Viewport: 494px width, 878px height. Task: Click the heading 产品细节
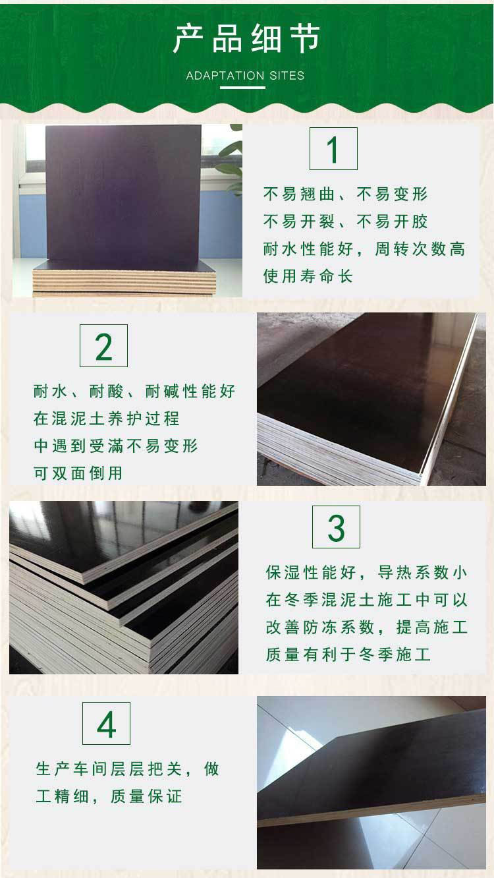point(246,38)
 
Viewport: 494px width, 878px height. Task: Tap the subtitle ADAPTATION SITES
point(245,75)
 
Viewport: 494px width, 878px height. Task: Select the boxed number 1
point(333,148)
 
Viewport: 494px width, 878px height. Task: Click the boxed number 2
point(103,345)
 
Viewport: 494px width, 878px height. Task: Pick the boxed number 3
point(336,527)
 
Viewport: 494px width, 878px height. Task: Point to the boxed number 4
point(106,723)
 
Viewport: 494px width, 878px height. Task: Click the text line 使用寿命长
point(308,276)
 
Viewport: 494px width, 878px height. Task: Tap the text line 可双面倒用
point(78,473)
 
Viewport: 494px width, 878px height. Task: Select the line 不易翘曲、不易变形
point(345,194)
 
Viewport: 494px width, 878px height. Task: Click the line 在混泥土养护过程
point(106,418)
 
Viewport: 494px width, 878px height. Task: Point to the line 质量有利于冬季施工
point(348,654)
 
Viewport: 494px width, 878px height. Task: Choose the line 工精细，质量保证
point(109,796)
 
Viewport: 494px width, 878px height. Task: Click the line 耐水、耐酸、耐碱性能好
point(134,391)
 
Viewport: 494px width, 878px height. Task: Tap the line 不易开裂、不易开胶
point(345,221)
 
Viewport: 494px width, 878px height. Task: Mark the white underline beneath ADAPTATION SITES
point(242,87)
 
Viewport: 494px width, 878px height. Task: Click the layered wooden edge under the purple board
point(124,281)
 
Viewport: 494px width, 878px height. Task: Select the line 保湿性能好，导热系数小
point(366,572)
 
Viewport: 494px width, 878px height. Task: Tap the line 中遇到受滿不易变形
point(115,446)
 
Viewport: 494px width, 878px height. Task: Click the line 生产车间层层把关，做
point(127,769)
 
